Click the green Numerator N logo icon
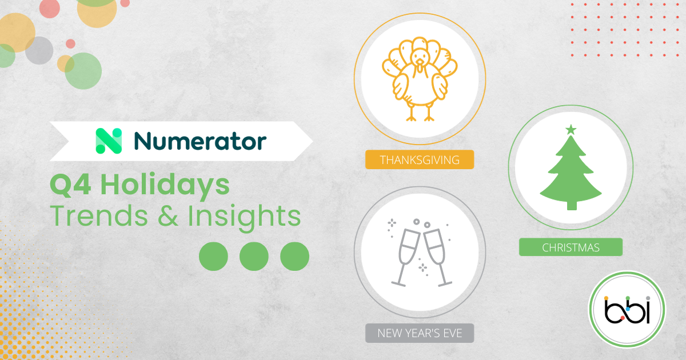pyautogui.click(x=109, y=141)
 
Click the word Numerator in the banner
pyautogui.click(x=200, y=141)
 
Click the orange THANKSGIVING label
pyautogui.click(x=420, y=159)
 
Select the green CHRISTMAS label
pyautogui.click(x=571, y=247)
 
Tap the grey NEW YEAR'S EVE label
pyautogui.click(x=420, y=333)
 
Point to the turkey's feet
pyautogui.click(x=420, y=116)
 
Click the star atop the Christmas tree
pyautogui.click(x=571, y=130)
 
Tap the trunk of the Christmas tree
pyautogui.click(x=571, y=204)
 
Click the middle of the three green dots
pyautogui.click(x=254, y=255)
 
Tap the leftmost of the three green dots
pyautogui.click(x=213, y=255)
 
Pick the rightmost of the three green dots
pyautogui.click(x=294, y=255)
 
